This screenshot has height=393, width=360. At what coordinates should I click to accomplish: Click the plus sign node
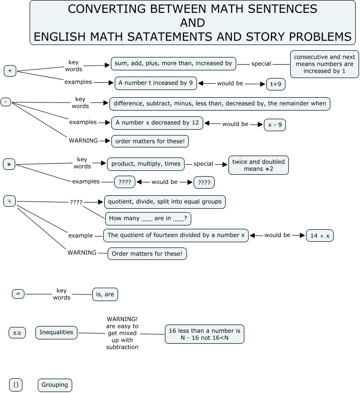pos(10,71)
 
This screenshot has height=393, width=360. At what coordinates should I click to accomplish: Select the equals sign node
pos(18,294)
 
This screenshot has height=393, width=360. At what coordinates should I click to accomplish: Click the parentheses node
pos(16,384)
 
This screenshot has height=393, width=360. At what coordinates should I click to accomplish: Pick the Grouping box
pos(55,384)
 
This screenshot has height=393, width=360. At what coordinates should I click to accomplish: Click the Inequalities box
pos(56,332)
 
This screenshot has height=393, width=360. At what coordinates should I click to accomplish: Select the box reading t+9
pos(276,84)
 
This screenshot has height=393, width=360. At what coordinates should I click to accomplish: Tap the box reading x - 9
pos(275,124)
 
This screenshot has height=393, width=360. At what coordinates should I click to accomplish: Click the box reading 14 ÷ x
pos(320,236)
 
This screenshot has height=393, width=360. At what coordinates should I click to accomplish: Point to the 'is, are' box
pos(105,294)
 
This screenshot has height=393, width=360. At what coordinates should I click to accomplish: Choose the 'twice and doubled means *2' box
pos(258,165)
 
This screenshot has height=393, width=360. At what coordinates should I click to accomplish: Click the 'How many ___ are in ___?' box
pos(148,219)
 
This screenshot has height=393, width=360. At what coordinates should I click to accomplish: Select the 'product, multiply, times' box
pos(146,164)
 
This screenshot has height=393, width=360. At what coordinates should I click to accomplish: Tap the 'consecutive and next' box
pos(324,64)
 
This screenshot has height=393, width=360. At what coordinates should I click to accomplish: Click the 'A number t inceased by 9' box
pos(155,83)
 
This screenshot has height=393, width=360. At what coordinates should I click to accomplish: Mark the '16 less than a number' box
pos(205,334)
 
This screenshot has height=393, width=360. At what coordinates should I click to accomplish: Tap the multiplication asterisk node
pos(9,165)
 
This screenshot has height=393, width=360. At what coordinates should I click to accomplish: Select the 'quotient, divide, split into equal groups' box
pos(165,202)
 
